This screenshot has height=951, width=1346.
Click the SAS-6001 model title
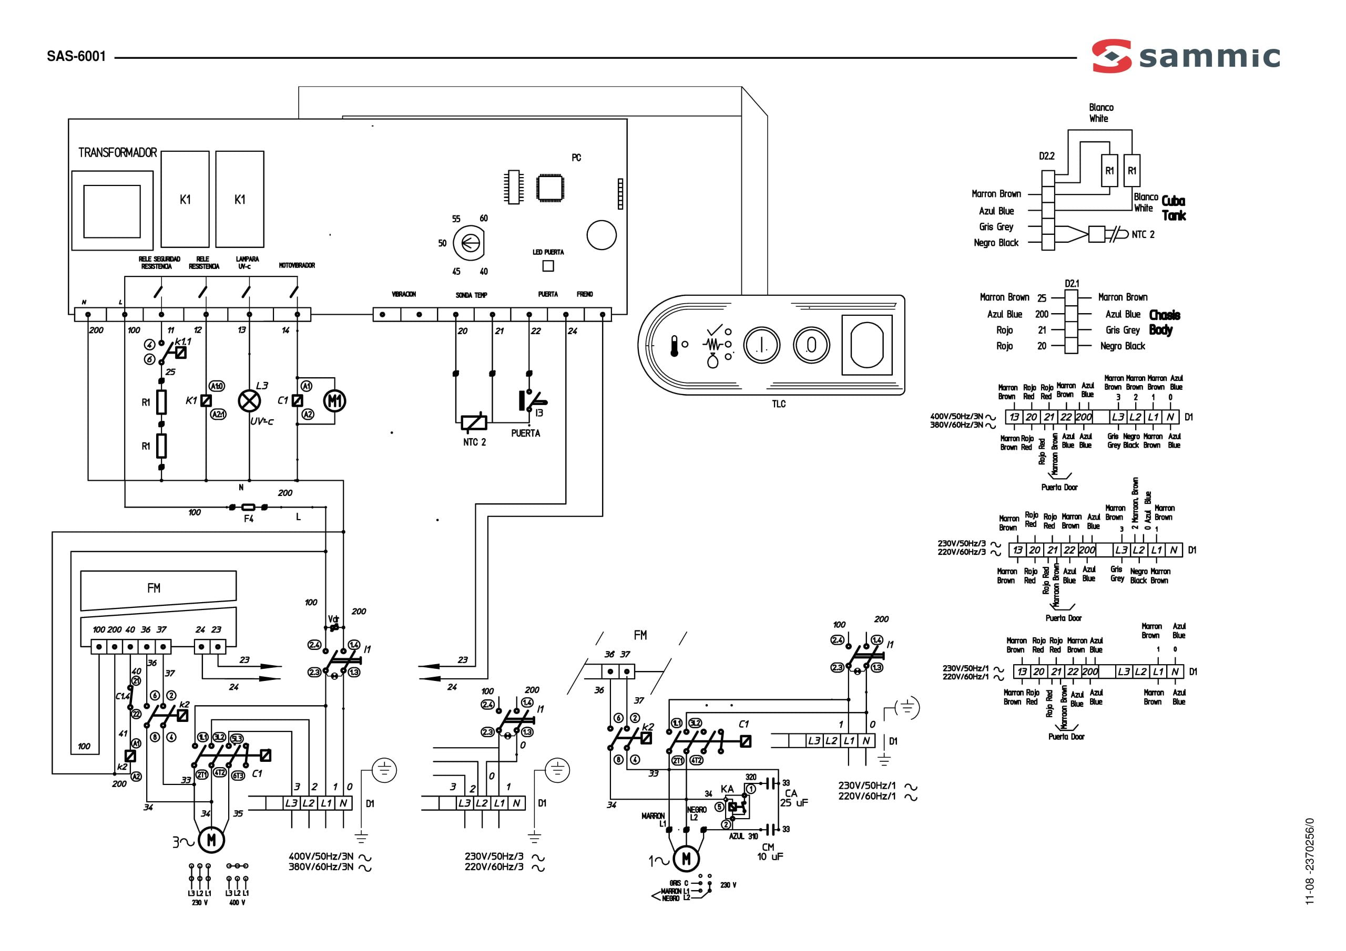pyautogui.click(x=76, y=56)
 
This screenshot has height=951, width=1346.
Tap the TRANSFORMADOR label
pyautogui.click(x=117, y=153)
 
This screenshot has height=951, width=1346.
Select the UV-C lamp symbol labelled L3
pyautogui.click(x=249, y=401)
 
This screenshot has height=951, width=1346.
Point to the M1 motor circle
pyautogui.click(x=335, y=401)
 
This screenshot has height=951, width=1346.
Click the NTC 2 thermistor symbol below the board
pyautogui.click(x=474, y=422)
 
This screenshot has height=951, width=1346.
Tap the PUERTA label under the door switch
pyautogui.click(x=525, y=433)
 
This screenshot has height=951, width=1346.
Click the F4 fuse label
pyautogui.click(x=249, y=519)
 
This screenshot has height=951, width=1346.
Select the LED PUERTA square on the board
pyautogui.click(x=548, y=266)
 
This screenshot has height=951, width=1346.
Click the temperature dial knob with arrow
pyautogui.click(x=469, y=243)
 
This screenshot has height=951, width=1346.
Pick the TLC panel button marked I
pyautogui.click(x=761, y=345)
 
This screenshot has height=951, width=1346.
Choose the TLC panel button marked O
pyautogui.click(x=811, y=345)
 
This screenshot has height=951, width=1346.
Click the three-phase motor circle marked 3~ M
pyautogui.click(x=211, y=840)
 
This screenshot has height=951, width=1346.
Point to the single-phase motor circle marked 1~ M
pyautogui.click(x=686, y=859)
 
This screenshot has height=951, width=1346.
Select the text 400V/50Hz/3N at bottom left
pyautogui.click(x=321, y=856)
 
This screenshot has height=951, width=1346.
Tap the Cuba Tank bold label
pyautogui.click(x=1174, y=208)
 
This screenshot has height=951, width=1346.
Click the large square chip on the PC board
pyautogui.click(x=550, y=188)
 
